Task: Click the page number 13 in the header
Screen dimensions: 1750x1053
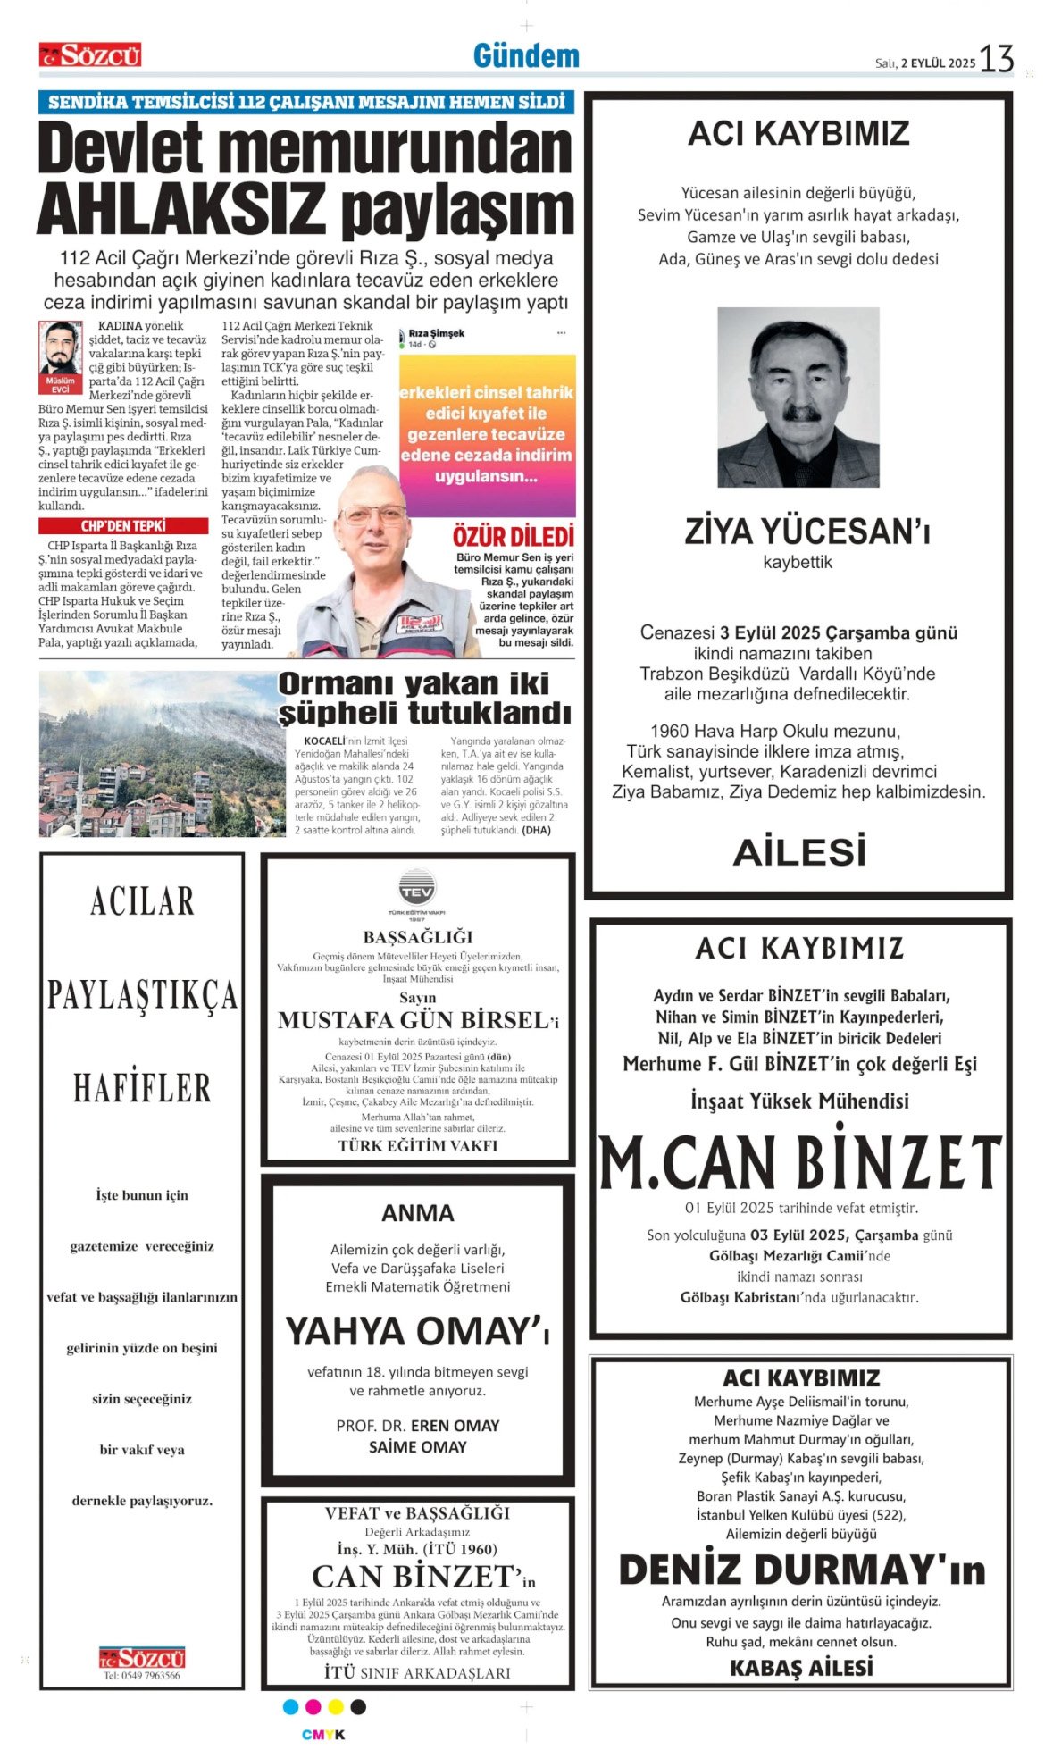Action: [x=997, y=59]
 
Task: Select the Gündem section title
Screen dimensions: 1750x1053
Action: [x=526, y=56]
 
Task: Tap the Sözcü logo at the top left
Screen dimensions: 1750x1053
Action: [x=90, y=55]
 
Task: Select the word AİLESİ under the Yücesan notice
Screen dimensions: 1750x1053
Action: [x=799, y=851]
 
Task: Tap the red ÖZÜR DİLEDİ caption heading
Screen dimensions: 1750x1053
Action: [x=514, y=537]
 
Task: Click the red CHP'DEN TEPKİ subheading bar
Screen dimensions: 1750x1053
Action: [x=123, y=526]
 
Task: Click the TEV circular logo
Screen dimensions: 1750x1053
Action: [x=417, y=890]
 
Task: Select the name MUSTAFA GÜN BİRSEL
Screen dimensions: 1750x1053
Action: [x=413, y=1020]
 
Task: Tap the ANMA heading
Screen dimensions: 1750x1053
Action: [x=417, y=1213]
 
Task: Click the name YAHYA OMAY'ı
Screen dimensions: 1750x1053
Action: [x=416, y=1331]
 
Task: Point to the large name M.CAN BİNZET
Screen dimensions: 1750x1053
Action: [x=799, y=1163]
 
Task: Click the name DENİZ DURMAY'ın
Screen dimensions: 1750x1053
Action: [x=801, y=1570]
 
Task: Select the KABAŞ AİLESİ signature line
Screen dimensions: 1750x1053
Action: [x=801, y=1668]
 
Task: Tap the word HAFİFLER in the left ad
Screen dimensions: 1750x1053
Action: [x=142, y=1088]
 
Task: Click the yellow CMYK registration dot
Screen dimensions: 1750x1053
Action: [x=336, y=1707]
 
